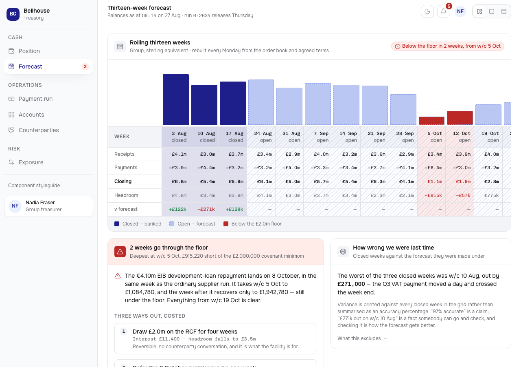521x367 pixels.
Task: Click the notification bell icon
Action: point(443,11)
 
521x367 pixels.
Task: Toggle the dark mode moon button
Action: point(427,11)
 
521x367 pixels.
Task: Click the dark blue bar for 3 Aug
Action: point(175,99)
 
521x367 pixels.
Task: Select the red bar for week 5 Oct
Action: point(431,121)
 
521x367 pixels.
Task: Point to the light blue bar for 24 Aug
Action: point(261,102)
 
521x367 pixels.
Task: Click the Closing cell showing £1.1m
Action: point(435,181)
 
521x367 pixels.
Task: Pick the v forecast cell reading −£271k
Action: point(206,209)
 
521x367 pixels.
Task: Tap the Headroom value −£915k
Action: point(433,195)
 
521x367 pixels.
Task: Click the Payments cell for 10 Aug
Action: point(206,168)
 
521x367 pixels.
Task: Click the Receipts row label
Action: point(125,154)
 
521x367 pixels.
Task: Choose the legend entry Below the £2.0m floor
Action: point(252,224)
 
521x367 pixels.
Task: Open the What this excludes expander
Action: point(362,338)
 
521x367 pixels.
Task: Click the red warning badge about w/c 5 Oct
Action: point(447,46)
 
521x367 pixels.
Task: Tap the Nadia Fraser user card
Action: point(48,206)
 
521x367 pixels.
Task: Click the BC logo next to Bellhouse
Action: point(13,14)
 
